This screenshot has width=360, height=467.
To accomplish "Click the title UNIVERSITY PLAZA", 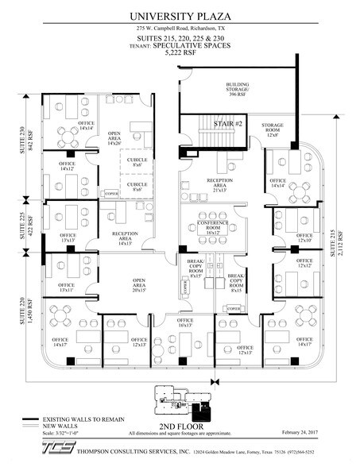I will click(x=180, y=16).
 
